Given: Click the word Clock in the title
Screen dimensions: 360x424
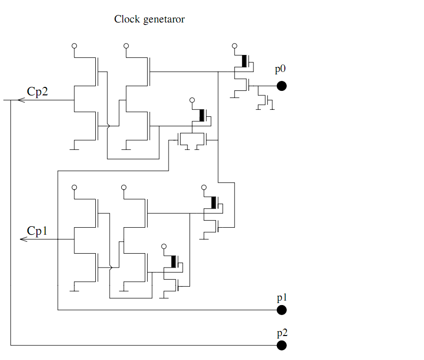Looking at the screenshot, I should [x=127, y=19].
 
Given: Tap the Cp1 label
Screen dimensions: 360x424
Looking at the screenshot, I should [x=37, y=231].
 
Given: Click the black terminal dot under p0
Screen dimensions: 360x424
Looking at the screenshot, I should [x=281, y=86].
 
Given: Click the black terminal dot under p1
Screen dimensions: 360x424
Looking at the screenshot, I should [x=281, y=310].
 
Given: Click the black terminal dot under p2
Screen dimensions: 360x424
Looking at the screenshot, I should [x=281, y=345].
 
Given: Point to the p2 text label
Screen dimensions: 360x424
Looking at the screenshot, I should [x=282, y=333].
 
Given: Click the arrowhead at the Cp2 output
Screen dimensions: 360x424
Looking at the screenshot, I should [x=20, y=100].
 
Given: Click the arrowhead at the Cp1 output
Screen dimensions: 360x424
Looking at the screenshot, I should [x=22, y=240].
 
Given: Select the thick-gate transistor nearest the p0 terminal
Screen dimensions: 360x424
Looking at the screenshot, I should [x=244, y=61].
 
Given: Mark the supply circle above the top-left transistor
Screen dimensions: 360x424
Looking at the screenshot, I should [x=74, y=46].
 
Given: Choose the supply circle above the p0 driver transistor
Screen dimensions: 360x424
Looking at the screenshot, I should [x=235, y=46].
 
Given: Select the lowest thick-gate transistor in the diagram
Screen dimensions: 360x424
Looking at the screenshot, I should [x=174, y=262].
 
